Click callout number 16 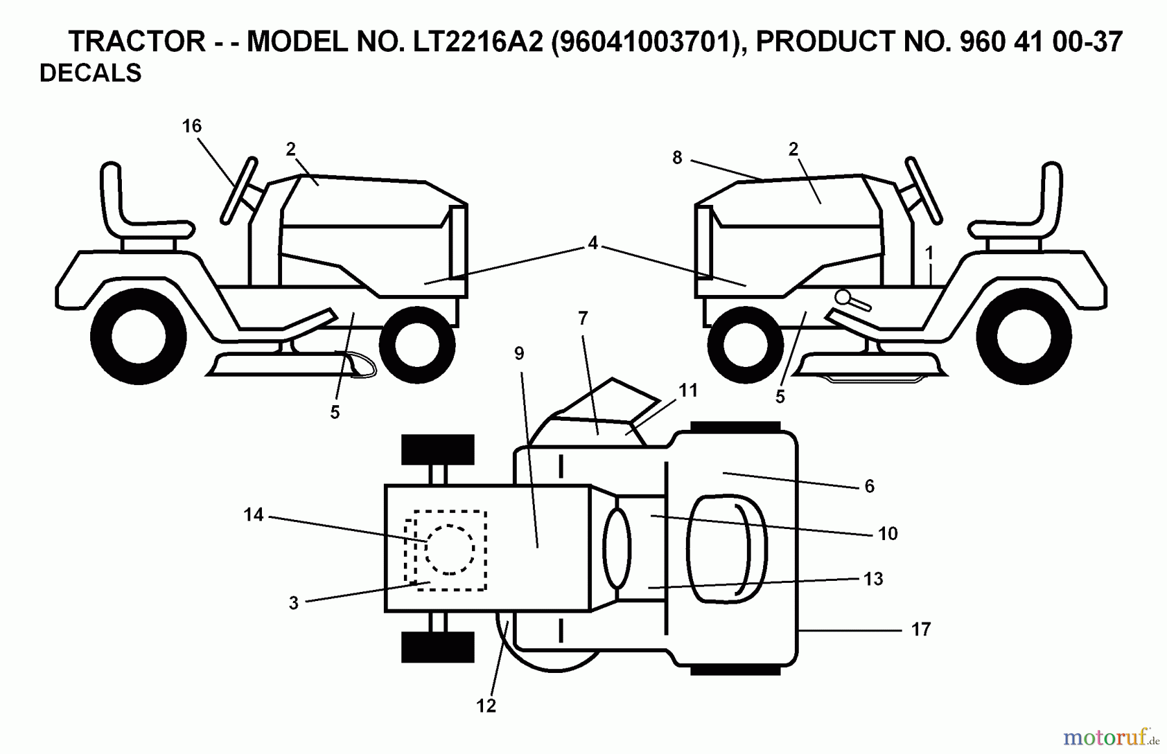[192, 126]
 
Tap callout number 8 [678, 158]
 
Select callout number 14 [253, 515]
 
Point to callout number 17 [921, 629]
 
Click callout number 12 [486, 706]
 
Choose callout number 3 [294, 603]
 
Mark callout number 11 [688, 390]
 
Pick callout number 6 [869, 486]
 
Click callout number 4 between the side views [593, 243]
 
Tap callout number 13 [873, 579]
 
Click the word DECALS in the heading [91, 73]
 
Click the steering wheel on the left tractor [239, 190]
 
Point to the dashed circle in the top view [449, 549]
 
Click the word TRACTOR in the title [137, 42]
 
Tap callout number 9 [519, 353]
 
